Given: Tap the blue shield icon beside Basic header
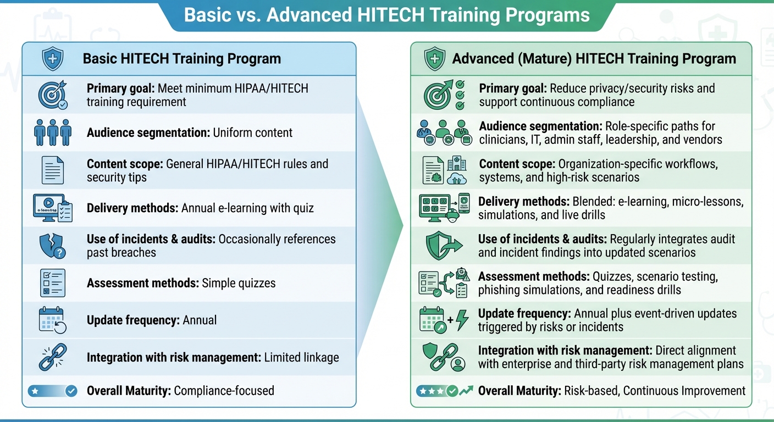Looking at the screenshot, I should (x=53, y=58).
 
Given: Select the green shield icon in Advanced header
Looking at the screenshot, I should (x=434, y=59).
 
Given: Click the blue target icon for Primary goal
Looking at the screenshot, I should (x=53, y=95).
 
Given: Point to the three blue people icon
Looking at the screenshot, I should (x=53, y=132).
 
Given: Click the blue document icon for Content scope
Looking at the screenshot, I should (x=53, y=170).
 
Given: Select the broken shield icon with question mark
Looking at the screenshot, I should (x=53, y=245).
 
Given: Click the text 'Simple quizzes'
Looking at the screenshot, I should (x=239, y=283).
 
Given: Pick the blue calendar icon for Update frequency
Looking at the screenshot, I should (x=53, y=320).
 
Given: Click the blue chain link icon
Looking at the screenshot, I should (x=53, y=357).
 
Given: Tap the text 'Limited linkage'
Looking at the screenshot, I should (x=301, y=357).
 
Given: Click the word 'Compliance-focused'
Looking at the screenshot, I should (x=224, y=391).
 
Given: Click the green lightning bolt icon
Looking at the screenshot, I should (x=461, y=320).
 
